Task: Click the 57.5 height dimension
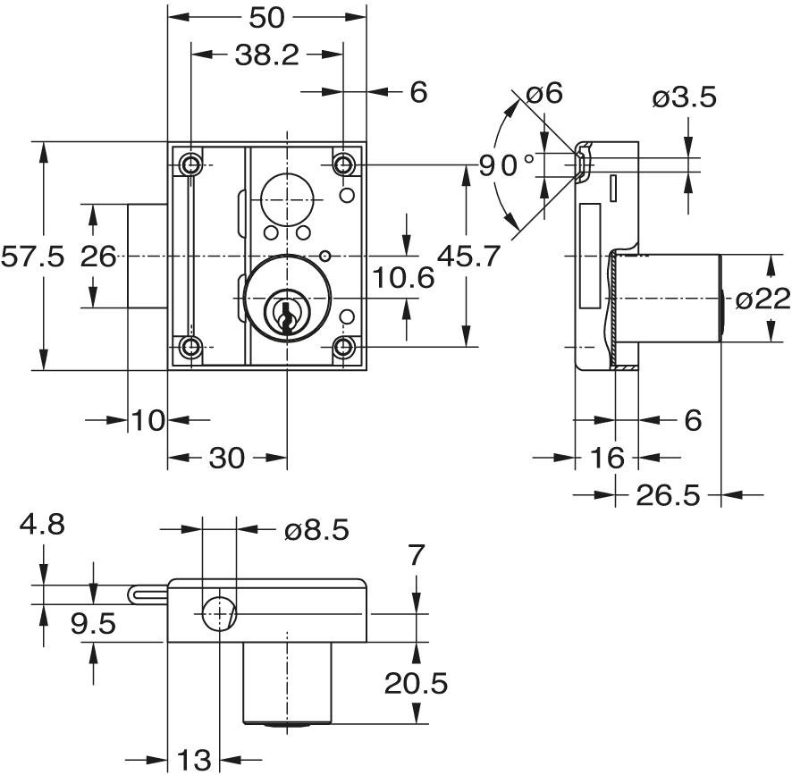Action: coord(33,257)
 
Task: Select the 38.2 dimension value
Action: coord(266,55)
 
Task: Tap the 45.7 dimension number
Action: coord(468,257)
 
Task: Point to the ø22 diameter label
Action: coord(762,299)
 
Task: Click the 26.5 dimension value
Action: coord(669,494)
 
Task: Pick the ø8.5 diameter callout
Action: coord(316,530)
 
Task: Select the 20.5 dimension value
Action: coord(416,684)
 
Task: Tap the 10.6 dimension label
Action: coord(403,278)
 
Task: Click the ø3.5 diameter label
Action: coord(685,97)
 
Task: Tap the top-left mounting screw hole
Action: coord(190,164)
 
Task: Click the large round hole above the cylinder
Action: coord(286,194)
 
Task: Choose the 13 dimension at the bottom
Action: coord(193,761)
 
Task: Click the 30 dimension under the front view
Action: coord(226,459)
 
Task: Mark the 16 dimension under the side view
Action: coord(606,459)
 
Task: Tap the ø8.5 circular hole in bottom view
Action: coord(219,615)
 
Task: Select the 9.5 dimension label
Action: coord(94,623)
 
